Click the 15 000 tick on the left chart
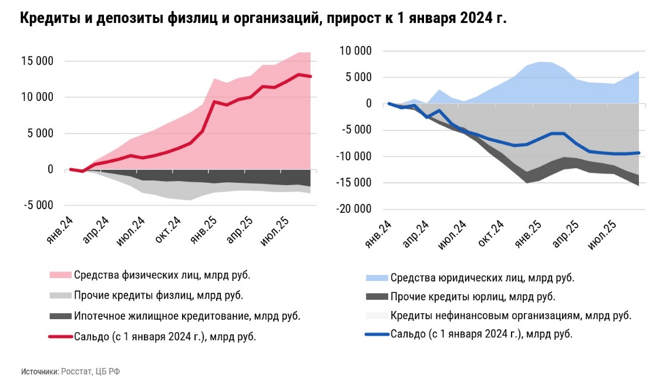(38, 61)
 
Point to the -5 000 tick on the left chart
(38, 205)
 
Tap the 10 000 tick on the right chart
(356, 51)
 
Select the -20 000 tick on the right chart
(354, 209)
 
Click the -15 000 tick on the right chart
(354, 183)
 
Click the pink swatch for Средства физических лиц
(60, 274)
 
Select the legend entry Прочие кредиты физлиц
(159, 295)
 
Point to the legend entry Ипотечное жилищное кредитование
(187, 316)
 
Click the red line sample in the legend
(60, 337)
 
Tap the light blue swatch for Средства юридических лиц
(376, 277)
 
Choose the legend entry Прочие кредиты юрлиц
(473, 297)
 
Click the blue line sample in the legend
(376, 334)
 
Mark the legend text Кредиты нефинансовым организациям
(510, 316)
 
